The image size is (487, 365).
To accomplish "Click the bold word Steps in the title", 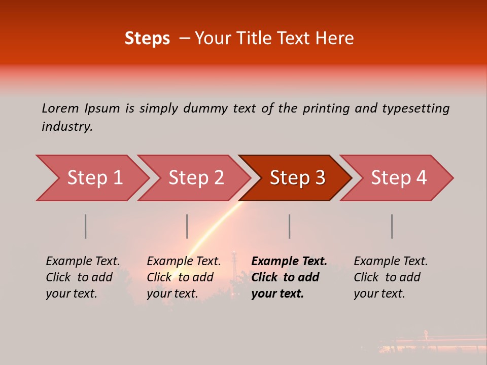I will [147, 39].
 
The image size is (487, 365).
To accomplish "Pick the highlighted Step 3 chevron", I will [297, 178].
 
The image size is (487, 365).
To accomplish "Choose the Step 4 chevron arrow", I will [399, 178].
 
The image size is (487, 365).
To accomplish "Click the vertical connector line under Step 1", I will [86, 226].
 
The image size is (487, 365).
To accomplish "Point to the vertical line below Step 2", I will [187, 226].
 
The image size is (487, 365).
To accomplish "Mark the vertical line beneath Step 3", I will [290, 226].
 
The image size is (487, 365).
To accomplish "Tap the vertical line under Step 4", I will [392, 226].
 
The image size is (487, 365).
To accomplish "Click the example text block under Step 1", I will [83, 277].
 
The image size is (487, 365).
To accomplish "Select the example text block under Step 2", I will [184, 277].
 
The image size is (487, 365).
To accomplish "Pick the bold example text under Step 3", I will [289, 277].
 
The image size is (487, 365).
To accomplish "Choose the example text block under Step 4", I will [391, 277].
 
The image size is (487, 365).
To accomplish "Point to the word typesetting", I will [415, 108].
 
